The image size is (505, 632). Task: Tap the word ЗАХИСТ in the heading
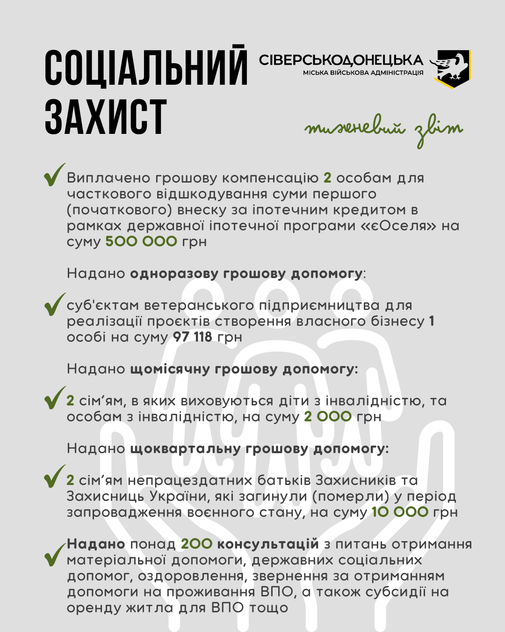pos(106,117)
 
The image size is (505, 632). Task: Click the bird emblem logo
pos(452,69)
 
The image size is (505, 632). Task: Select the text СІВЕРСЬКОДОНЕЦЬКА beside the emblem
pos(341,60)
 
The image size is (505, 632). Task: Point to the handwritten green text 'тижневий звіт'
pos(383,130)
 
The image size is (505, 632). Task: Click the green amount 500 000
pos(141,242)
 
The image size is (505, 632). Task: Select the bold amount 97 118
pos(192,337)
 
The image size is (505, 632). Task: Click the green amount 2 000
pos(328,417)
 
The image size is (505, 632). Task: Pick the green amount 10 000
pos(400,512)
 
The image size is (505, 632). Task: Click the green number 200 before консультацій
pos(196,544)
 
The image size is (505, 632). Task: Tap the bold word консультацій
pos(268,544)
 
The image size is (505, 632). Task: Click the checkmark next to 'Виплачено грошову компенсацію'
pos(54,175)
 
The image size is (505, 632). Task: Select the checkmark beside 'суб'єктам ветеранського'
pos(54,305)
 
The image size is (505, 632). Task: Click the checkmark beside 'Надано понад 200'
pos(54,555)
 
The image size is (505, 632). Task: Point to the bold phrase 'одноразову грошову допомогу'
pos(246,273)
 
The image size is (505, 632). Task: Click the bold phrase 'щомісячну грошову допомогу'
pos(243,369)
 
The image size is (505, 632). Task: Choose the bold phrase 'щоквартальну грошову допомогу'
pos(259,448)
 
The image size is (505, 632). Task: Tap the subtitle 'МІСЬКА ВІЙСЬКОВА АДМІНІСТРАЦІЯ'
pos(363,73)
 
